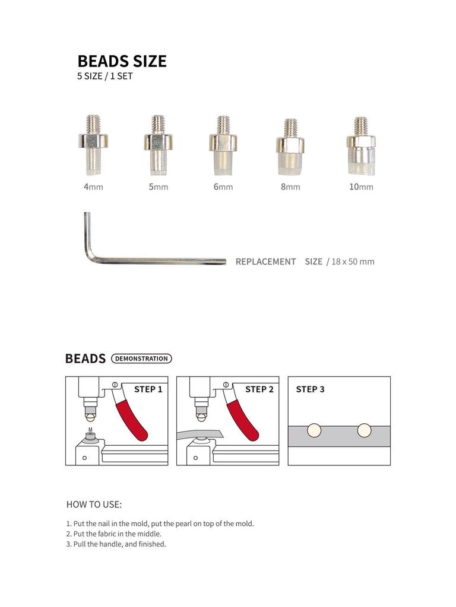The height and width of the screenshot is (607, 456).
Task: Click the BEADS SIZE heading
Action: (x=122, y=61)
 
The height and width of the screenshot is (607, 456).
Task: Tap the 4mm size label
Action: (x=93, y=187)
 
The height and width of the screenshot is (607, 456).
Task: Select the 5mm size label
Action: (x=158, y=187)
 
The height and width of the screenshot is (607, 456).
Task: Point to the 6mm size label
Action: (x=223, y=187)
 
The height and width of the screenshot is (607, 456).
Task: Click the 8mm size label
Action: (x=290, y=187)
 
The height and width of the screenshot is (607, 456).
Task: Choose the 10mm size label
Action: (x=361, y=187)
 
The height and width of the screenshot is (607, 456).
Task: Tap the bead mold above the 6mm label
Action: (x=223, y=145)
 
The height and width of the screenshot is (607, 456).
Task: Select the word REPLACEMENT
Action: (x=265, y=261)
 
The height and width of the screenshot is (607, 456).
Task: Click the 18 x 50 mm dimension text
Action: (x=353, y=261)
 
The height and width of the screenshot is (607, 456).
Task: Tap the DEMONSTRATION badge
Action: (x=141, y=359)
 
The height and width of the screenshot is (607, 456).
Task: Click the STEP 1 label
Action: (x=148, y=389)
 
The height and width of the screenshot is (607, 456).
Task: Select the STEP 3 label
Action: (x=310, y=389)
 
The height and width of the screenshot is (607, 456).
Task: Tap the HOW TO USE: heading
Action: (x=94, y=505)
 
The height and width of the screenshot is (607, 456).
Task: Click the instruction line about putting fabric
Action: (x=114, y=533)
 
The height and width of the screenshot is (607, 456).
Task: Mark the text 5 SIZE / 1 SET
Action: (x=104, y=76)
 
